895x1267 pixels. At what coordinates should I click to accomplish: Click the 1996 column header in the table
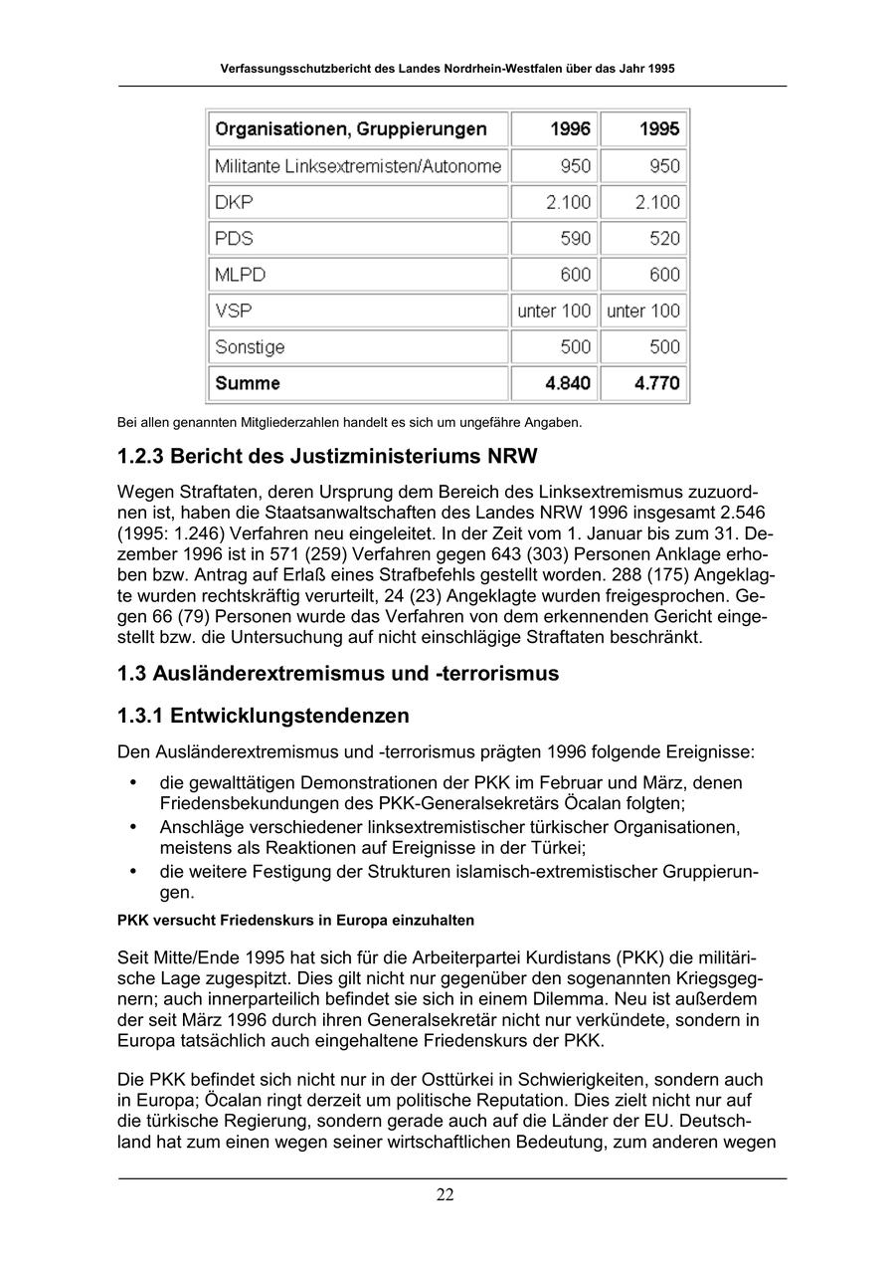pos(570,129)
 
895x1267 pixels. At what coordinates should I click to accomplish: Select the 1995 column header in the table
pos(659,129)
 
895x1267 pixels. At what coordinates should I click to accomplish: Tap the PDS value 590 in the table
pos(575,239)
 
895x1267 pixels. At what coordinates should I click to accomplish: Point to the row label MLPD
pos(240,275)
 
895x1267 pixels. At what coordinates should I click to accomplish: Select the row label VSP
pos(233,311)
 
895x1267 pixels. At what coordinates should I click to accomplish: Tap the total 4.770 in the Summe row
pos(658,383)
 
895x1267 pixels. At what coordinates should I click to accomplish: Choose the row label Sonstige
pos(250,347)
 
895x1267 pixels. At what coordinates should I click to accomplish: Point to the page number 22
pos(446,1195)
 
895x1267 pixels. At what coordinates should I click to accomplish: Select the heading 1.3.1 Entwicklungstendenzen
pos(264,716)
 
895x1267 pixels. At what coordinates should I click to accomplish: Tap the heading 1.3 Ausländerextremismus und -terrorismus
pos(338,673)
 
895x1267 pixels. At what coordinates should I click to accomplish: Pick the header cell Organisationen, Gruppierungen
pos(351,129)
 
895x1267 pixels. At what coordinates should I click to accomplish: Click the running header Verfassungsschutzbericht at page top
pos(447,70)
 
